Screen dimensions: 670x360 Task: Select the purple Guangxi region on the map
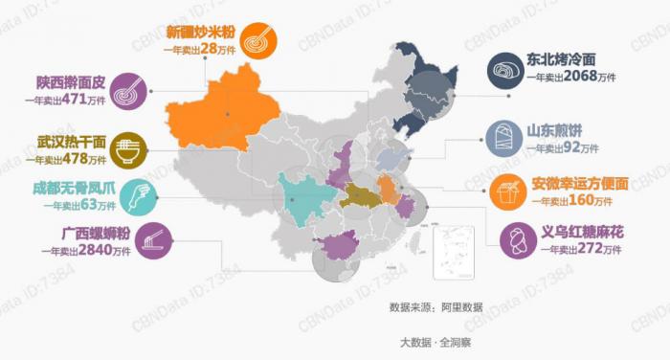click(341, 247)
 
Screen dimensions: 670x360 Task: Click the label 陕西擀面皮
click(69, 81)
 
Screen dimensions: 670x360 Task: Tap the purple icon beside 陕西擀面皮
click(127, 92)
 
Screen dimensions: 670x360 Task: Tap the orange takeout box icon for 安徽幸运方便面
click(506, 192)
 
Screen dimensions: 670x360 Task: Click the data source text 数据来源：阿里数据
click(435, 307)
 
